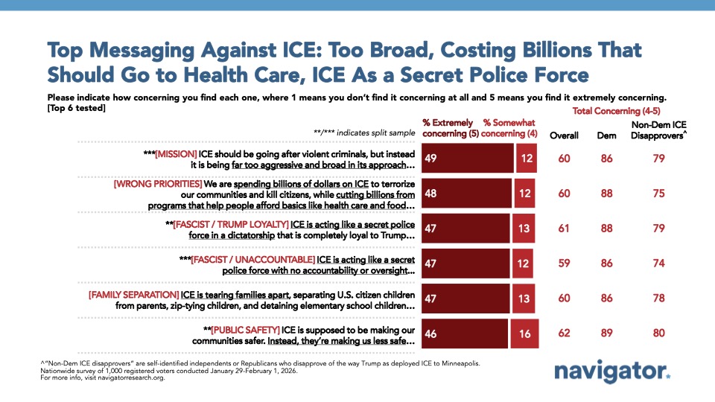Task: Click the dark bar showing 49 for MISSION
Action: [x=467, y=158]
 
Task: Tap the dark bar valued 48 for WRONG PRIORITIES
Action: [x=466, y=193]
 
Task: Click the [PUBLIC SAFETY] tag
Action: [x=244, y=328]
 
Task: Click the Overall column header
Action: [x=564, y=136]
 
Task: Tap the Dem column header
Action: [x=608, y=136]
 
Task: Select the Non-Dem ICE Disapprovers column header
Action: [x=658, y=131]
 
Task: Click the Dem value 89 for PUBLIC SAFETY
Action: [x=608, y=334]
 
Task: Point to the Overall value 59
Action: [x=564, y=264]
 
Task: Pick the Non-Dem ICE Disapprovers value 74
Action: [x=658, y=264]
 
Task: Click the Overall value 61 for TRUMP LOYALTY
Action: [x=564, y=228]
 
